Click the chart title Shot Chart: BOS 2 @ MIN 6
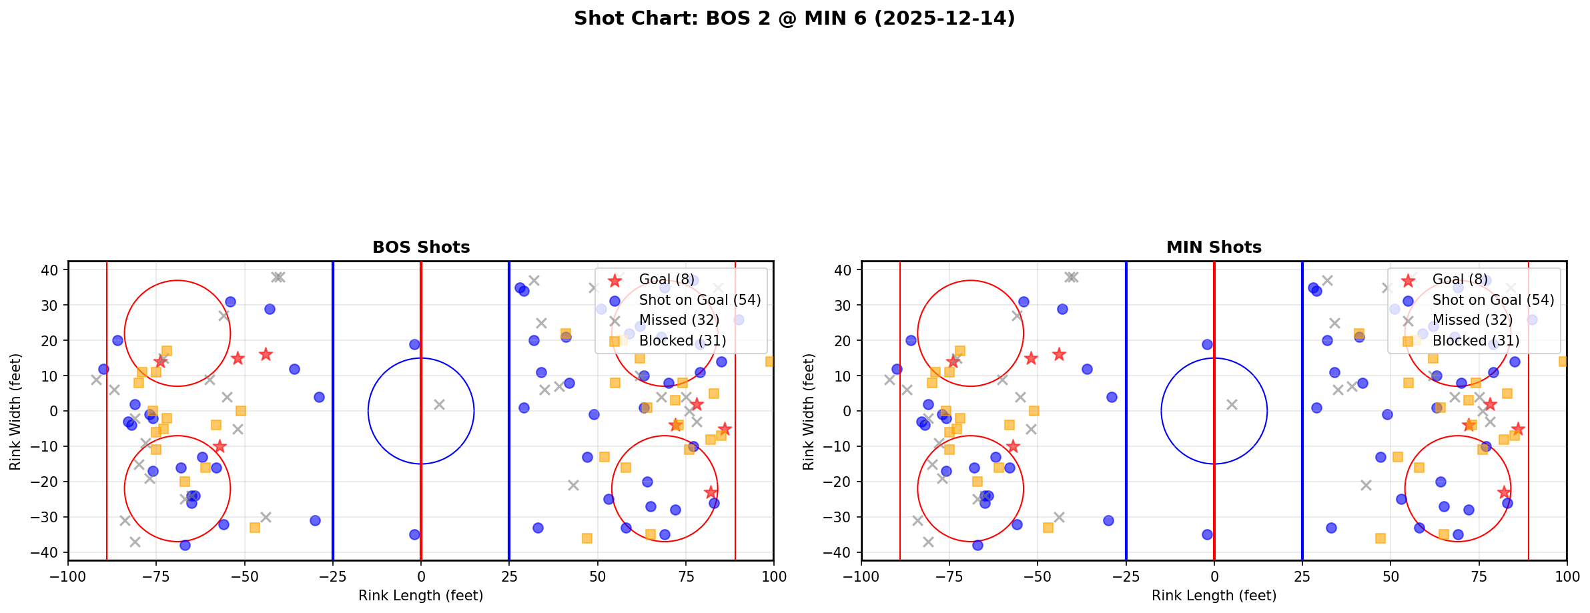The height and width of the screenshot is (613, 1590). (x=794, y=18)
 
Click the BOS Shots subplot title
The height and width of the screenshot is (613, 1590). (x=421, y=247)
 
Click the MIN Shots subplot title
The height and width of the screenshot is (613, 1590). (x=1214, y=247)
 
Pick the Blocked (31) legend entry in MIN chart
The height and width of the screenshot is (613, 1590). (x=1476, y=341)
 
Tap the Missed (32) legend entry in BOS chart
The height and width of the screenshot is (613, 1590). (x=679, y=320)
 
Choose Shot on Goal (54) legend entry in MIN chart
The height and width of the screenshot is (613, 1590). (x=1493, y=300)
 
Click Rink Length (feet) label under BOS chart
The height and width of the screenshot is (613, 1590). (x=421, y=596)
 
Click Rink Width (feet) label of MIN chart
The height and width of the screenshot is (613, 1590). (x=809, y=411)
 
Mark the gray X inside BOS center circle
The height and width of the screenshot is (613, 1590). (x=439, y=404)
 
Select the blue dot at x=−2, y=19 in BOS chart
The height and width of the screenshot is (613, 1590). (x=414, y=344)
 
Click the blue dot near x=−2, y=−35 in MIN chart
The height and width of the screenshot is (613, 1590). (x=1207, y=534)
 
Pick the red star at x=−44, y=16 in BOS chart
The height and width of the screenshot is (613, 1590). (x=266, y=354)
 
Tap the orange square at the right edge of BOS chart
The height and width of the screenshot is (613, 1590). (x=770, y=362)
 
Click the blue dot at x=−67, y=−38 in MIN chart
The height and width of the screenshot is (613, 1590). (x=977, y=545)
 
